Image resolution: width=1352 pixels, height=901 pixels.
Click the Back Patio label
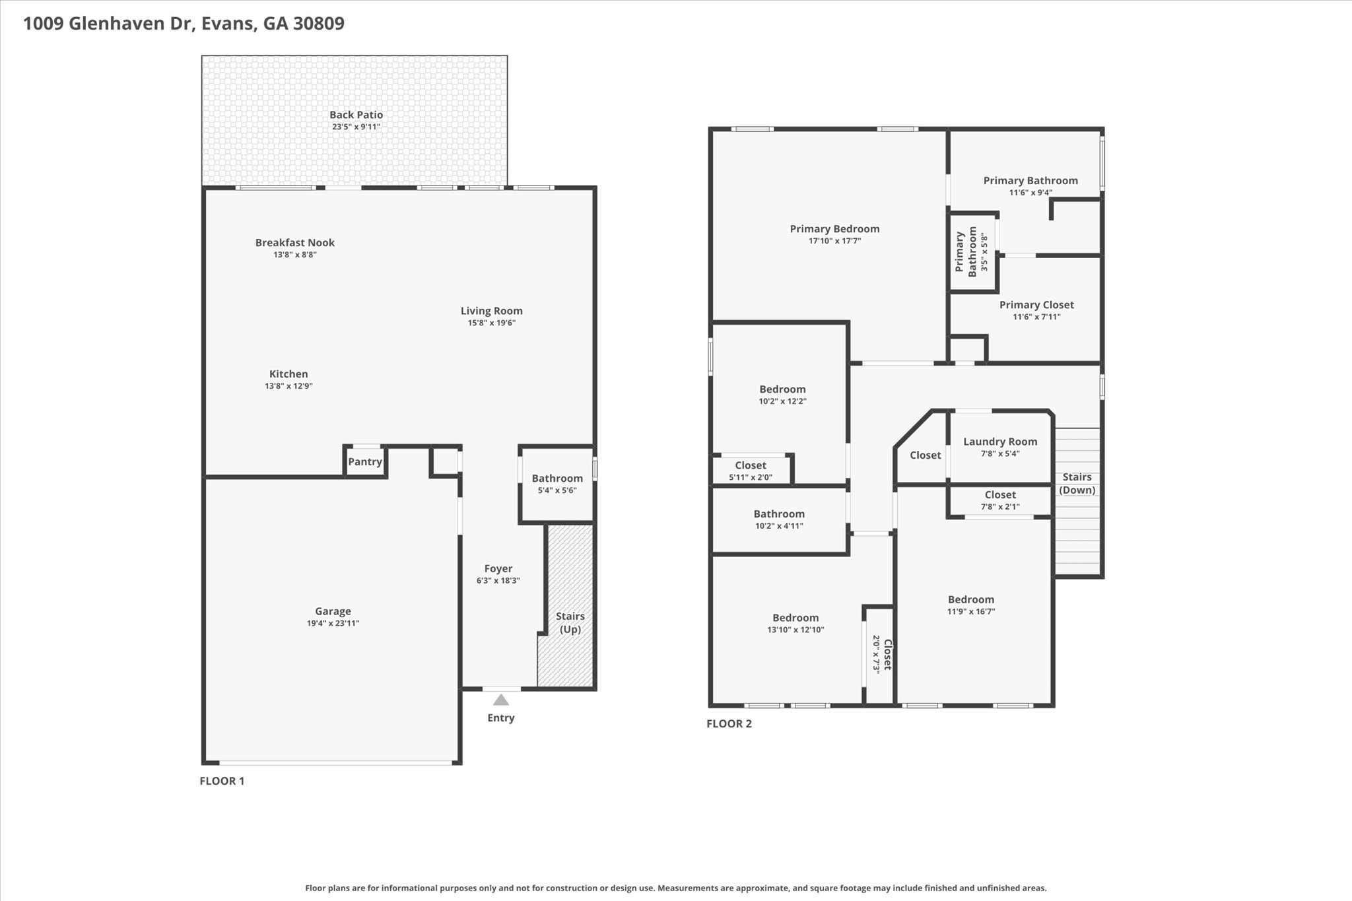click(x=356, y=115)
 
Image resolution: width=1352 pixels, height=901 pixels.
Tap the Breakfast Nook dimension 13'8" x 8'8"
click(x=295, y=255)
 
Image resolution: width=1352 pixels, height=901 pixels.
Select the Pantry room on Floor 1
click(x=365, y=461)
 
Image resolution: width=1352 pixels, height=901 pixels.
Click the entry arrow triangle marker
click(x=501, y=700)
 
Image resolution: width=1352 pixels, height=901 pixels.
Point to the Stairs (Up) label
click(x=570, y=622)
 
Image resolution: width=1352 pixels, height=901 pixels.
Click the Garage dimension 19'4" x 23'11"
click(x=333, y=623)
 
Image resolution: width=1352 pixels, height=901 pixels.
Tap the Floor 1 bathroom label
click(x=557, y=479)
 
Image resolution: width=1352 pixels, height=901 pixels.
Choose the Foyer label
click(x=498, y=568)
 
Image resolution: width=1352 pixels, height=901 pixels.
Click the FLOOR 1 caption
click(x=222, y=781)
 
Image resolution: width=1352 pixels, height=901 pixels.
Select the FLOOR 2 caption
click(x=729, y=723)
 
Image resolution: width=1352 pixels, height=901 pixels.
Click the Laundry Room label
click(x=999, y=442)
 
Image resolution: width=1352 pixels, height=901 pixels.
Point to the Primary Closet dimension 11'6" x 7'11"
click(x=1036, y=317)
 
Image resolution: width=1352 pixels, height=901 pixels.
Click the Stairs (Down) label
click(x=1077, y=483)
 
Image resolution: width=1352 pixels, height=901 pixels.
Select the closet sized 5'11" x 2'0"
click(x=751, y=471)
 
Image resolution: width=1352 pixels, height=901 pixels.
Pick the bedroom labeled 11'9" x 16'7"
click(x=970, y=605)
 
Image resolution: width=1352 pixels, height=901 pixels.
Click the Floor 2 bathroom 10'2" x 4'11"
click(x=779, y=519)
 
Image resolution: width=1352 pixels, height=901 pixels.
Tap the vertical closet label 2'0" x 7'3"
click(x=882, y=653)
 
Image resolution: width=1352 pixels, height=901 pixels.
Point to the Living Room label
click(x=491, y=311)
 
